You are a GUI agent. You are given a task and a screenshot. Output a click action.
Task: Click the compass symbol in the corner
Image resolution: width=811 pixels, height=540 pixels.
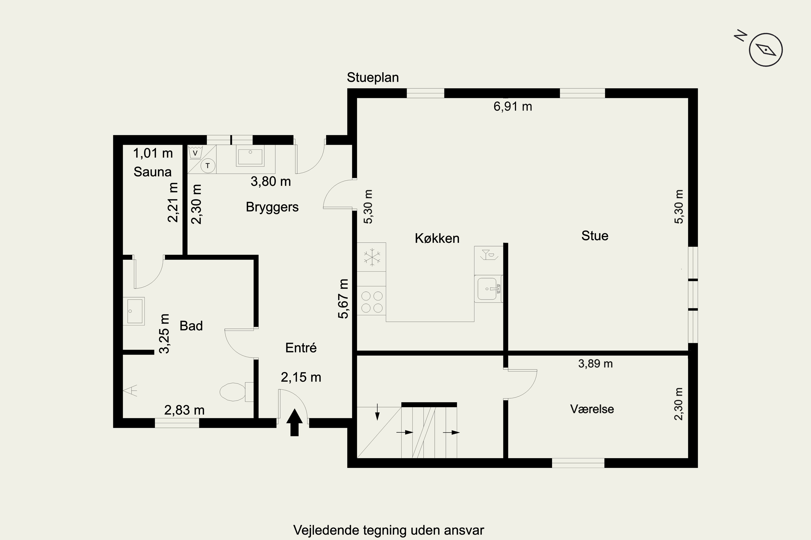point(766,50)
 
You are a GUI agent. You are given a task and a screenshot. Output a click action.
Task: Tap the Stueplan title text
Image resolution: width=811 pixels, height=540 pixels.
point(373,77)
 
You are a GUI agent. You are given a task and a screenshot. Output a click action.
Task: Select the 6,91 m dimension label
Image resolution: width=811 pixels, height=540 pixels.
point(513,106)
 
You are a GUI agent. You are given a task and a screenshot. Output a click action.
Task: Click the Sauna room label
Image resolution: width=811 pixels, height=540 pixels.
point(152,172)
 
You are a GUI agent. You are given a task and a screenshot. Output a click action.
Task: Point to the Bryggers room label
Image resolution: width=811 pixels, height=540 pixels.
point(272,207)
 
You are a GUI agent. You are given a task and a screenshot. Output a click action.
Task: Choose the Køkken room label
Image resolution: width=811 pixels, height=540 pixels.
point(437,238)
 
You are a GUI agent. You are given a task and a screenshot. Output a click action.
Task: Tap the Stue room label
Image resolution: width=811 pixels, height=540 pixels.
point(595,236)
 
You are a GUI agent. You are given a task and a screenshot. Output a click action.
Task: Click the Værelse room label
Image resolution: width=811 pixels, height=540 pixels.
point(592,409)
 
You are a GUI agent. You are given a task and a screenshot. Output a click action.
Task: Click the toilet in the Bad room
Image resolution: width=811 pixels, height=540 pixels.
point(237,392)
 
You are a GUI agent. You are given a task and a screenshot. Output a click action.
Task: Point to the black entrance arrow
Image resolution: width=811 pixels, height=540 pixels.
point(294,423)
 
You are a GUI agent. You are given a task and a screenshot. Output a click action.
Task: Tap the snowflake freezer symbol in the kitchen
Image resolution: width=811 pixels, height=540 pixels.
point(372,257)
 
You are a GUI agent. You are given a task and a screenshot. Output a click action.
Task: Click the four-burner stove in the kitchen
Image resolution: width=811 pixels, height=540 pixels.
point(371,301)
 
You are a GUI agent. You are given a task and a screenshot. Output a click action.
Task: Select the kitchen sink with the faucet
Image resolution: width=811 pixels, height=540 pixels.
point(488,289)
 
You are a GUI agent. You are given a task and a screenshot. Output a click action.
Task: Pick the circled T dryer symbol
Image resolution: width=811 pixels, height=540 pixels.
point(208,166)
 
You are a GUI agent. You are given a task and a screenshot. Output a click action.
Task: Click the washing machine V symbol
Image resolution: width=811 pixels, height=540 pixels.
point(195,152)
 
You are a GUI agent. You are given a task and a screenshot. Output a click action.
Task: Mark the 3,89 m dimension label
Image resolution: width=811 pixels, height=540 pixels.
point(596,364)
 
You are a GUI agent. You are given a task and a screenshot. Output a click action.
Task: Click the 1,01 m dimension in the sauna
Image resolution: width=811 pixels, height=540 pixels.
point(153,153)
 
